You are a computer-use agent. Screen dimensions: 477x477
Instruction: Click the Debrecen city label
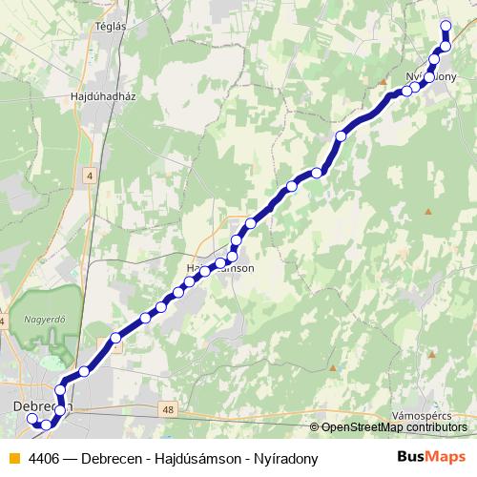pyautogui.click(x=38, y=406)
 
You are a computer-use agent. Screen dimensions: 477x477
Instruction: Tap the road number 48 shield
pyautogui.click(x=169, y=409)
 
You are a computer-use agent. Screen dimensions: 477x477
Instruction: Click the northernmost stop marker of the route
pyautogui.click(x=446, y=27)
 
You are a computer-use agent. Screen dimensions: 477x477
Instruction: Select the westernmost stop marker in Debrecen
pyautogui.click(x=31, y=418)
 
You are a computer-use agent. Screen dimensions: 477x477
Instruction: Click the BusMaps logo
pyautogui.click(x=431, y=458)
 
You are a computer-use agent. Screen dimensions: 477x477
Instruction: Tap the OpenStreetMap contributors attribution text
pyautogui.click(x=393, y=427)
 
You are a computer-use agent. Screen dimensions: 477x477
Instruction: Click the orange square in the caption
pyautogui.click(x=13, y=459)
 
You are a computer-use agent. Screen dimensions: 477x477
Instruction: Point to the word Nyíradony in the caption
pyautogui.click(x=284, y=459)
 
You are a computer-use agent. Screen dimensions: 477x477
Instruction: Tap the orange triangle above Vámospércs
pyautogui.click(x=431, y=354)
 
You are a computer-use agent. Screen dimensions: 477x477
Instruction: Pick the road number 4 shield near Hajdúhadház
pyautogui.click(x=90, y=176)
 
